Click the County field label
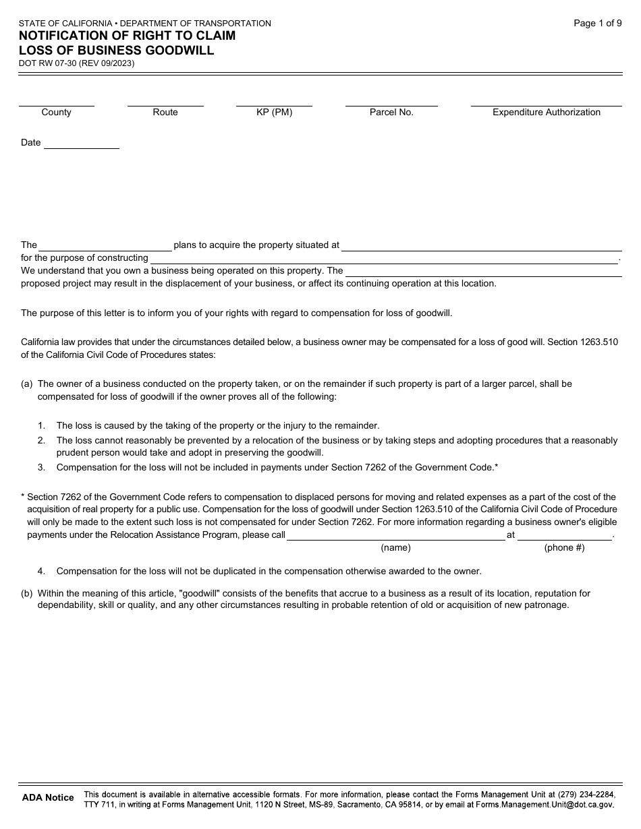coord(56,113)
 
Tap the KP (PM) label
coord(274,113)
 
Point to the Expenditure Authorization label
coord(546,113)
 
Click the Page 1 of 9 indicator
coord(597,24)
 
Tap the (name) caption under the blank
coord(395,548)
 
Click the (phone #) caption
coord(564,548)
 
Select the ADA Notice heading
coord(48,798)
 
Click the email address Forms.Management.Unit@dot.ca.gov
coord(545,805)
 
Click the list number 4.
coord(41,572)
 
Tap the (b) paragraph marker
coord(27,594)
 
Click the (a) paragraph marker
coord(27,384)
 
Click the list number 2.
coord(41,441)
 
